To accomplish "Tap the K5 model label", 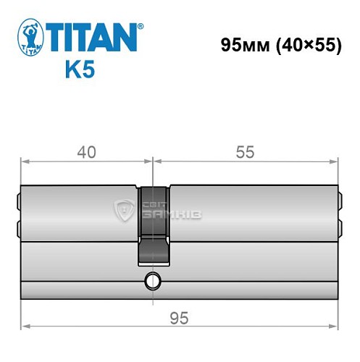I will (x=78, y=72).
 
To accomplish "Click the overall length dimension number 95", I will (x=179, y=319).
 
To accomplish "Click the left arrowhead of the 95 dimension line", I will (x=24, y=306).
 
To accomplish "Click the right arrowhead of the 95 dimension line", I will (x=335, y=306).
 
